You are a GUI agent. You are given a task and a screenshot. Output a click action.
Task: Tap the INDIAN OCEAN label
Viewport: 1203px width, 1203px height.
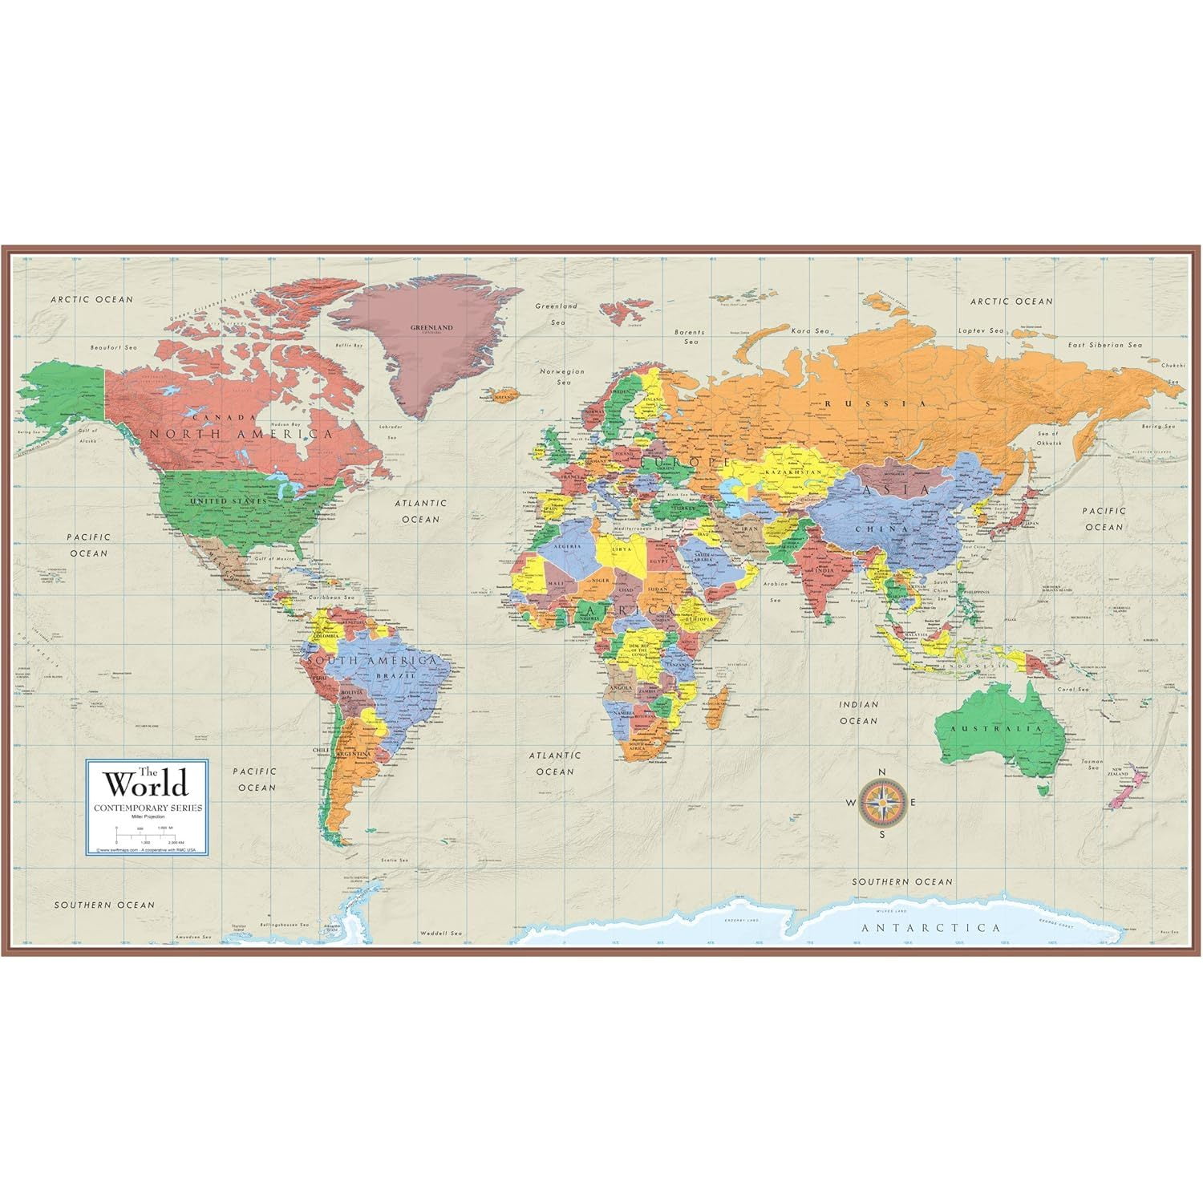(859, 712)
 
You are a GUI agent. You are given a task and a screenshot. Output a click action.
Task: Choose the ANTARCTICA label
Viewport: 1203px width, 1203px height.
(930, 928)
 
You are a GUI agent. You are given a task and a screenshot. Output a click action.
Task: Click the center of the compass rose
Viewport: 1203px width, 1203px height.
(881, 802)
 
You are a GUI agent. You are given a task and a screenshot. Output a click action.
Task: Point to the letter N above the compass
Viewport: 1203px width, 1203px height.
(881, 772)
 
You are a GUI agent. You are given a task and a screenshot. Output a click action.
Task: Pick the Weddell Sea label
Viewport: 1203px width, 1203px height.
(444, 934)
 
